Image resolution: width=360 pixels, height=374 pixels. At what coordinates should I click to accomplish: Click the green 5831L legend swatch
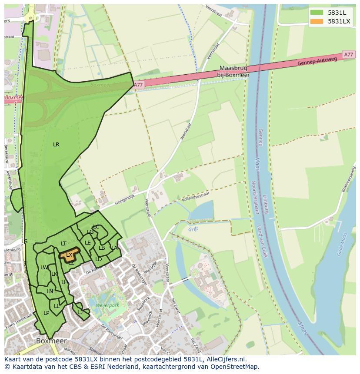[x=317, y=13]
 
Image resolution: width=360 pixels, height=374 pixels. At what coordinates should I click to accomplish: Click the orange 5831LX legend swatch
[x=317, y=21]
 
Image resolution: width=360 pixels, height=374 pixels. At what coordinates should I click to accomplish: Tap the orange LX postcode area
[x=69, y=255]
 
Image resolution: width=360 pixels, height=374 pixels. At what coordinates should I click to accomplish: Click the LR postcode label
[x=56, y=145]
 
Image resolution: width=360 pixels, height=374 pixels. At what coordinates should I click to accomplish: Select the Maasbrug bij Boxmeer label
[x=235, y=72]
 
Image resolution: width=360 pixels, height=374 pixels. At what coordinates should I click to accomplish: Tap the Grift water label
[x=193, y=229]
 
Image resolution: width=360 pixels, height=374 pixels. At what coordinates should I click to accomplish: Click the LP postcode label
[x=46, y=313]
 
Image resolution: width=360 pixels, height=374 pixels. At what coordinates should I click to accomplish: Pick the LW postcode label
[x=44, y=268]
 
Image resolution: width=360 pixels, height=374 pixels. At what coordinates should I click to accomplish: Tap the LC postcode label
[x=96, y=227]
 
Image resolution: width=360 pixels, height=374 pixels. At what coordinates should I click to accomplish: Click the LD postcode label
[x=98, y=259]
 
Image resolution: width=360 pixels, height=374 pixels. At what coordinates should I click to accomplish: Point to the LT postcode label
[x=63, y=244]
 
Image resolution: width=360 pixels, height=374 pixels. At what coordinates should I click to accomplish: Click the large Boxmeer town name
[x=51, y=341]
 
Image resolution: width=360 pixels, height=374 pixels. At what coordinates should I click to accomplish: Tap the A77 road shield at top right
[x=348, y=55]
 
